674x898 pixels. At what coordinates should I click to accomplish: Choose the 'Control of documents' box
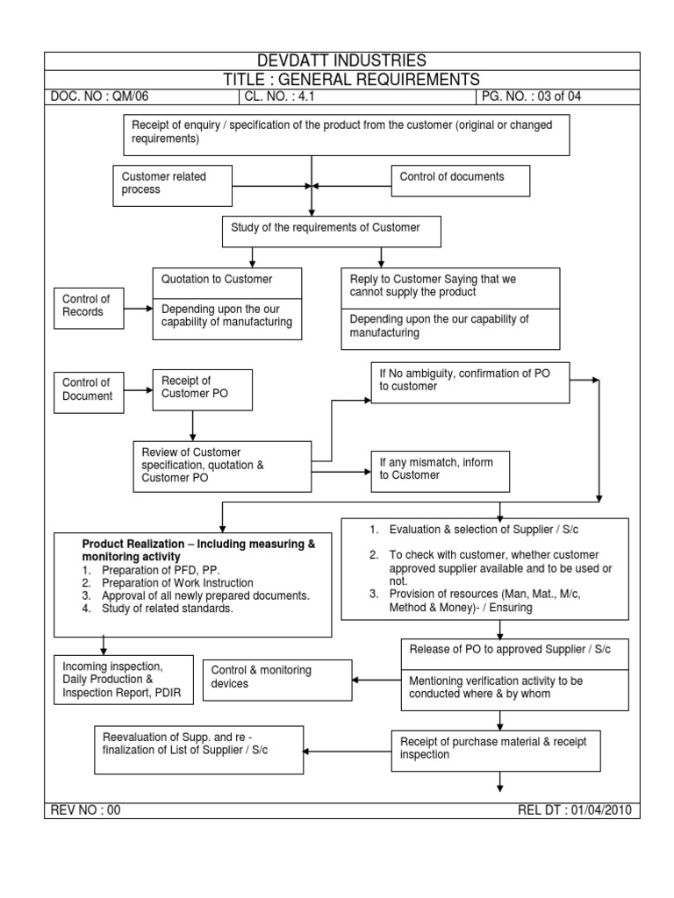click(x=461, y=181)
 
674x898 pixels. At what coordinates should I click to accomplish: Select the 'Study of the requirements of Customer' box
click(x=330, y=232)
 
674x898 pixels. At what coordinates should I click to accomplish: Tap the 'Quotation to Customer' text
click(x=218, y=280)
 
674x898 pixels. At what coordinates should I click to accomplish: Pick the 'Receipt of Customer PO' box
click(x=203, y=389)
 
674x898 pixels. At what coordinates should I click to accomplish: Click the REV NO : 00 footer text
click(x=85, y=810)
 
